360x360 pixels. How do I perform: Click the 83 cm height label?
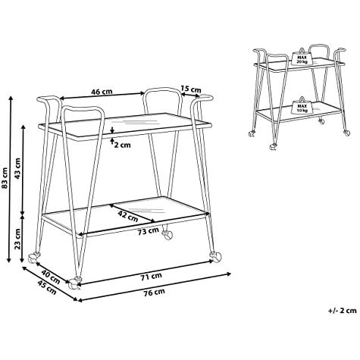point(5,179)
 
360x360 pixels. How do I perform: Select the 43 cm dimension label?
point(17,168)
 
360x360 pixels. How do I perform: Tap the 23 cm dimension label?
point(17,239)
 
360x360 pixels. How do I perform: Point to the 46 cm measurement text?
point(102,92)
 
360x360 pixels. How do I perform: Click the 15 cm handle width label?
point(191,89)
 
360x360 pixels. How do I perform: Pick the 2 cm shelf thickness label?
point(123,145)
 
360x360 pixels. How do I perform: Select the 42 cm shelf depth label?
point(128,216)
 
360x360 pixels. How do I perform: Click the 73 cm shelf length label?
point(149,231)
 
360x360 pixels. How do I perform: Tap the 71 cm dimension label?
point(151,277)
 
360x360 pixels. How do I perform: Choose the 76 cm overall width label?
point(154,293)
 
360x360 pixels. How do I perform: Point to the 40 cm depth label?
point(51,277)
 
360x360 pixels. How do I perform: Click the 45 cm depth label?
point(47,287)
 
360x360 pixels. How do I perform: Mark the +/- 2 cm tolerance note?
point(343,310)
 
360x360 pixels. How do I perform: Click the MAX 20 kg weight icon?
point(302,57)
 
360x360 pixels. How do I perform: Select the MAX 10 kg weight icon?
point(302,105)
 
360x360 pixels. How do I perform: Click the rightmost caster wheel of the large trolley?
point(215,257)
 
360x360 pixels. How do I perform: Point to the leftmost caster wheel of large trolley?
point(33,258)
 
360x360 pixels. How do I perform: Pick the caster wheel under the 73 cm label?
point(167,235)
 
